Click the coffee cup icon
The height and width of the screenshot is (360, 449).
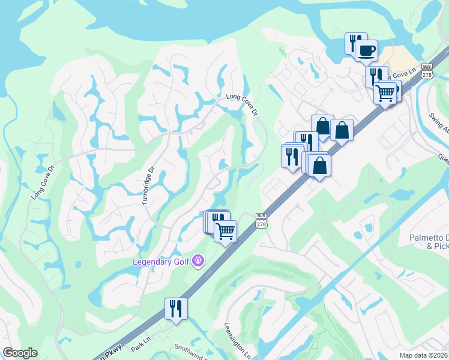click(x=366, y=50)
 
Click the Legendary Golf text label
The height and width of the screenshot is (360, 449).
click(x=163, y=262)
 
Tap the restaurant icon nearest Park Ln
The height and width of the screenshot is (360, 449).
click(x=176, y=308)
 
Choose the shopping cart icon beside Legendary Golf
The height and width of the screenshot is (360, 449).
click(x=225, y=230)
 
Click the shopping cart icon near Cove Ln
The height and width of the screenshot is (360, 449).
click(x=385, y=92)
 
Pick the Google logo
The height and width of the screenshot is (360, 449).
click(x=20, y=353)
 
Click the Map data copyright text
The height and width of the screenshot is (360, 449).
click(x=424, y=355)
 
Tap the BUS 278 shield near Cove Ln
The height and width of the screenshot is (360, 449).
click(x=427, y=70)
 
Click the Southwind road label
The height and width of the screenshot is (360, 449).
click(x=191, y=349)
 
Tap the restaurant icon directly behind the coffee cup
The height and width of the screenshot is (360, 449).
click(x=355, y=42)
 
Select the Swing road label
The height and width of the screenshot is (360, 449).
click(x=439, y=121)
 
